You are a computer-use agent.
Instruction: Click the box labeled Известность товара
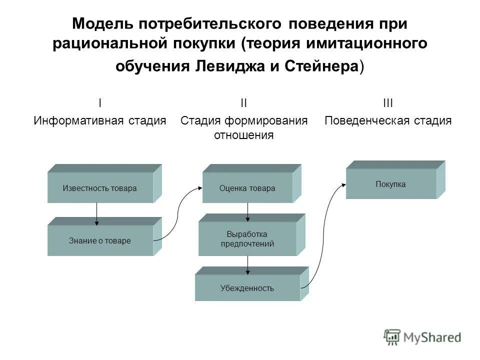100,188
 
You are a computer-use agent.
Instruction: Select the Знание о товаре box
100,240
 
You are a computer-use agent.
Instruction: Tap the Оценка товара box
247,188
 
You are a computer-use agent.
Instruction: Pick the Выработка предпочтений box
247,239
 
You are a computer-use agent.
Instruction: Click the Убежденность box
247,288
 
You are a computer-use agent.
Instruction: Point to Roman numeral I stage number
100,103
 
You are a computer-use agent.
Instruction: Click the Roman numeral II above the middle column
243,103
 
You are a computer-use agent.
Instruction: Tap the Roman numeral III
388,103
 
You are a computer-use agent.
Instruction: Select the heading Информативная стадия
100,120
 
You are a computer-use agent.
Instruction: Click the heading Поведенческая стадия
388,120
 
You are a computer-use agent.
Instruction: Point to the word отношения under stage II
243,135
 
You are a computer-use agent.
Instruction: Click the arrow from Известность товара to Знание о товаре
96,214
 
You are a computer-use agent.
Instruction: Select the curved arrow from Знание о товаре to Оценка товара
178,212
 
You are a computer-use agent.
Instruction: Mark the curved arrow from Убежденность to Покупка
324,235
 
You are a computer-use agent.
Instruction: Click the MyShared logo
422,337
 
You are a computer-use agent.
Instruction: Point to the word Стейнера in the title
324,67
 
